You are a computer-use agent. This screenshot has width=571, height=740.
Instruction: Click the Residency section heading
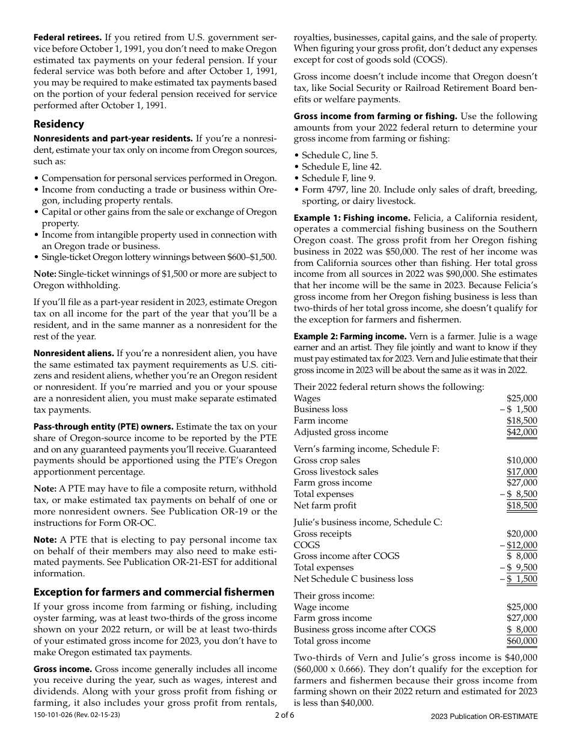click(x=59, y=124)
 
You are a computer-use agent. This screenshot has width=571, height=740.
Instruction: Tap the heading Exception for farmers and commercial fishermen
click(x=154, y=592)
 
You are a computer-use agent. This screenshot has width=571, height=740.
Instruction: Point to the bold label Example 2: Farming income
click(x=350, y=336)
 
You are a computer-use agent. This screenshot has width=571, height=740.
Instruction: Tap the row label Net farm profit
click(x=325, y=505)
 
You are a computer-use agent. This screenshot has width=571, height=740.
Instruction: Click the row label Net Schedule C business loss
click(x=353, y=579)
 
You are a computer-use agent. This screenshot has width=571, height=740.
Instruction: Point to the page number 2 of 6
click(x=285, y=715)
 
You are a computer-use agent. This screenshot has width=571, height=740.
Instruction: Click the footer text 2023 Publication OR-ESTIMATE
click(x=484, y=716)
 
